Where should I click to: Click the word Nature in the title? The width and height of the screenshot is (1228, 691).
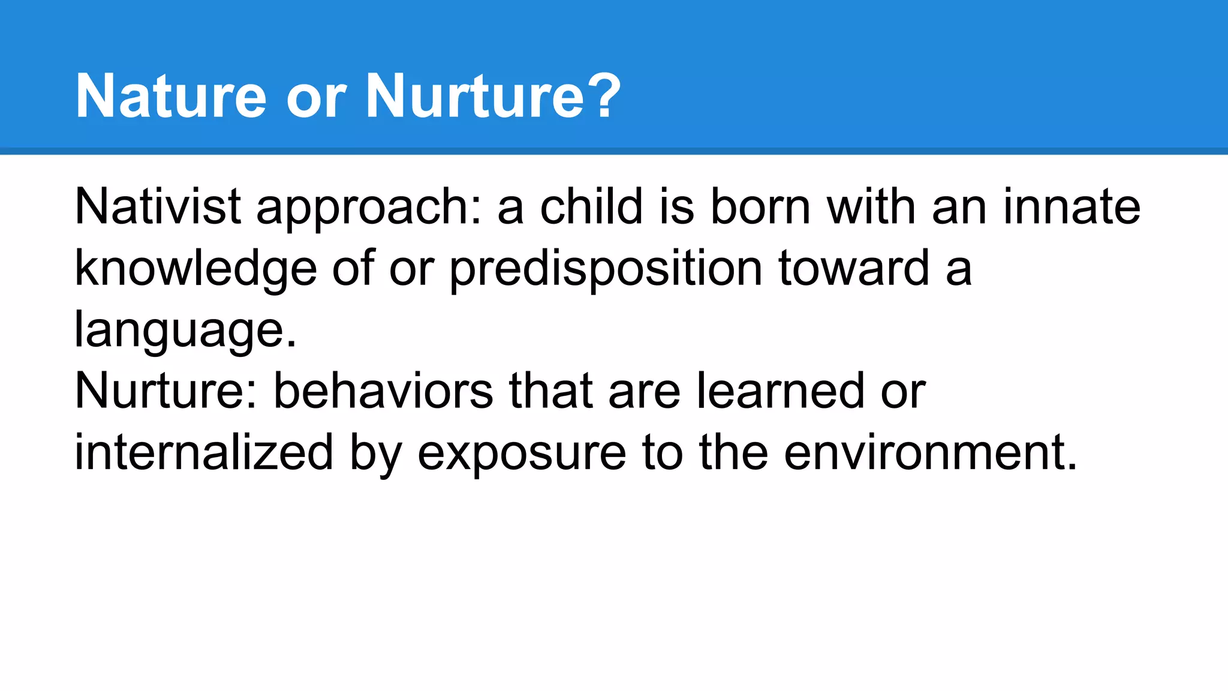tap(171, 96)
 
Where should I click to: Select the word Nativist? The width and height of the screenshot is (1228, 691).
tap(158, 207)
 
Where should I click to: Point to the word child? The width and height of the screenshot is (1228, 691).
tap(591, 207)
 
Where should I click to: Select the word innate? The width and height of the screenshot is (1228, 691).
tap(1072, 207)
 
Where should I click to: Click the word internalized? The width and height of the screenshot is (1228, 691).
tap(203, 453)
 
